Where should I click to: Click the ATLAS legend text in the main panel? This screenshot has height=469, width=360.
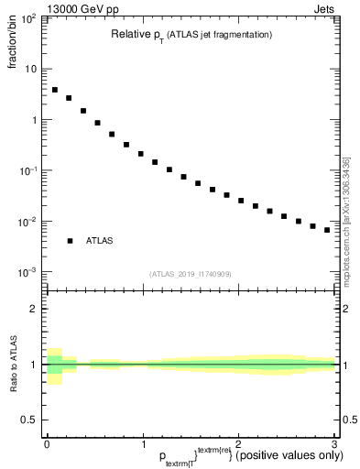click(x=100, y=241)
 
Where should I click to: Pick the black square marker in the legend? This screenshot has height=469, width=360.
click(x=70, y=241)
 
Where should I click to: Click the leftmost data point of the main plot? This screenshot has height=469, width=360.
click(x=55, y=90)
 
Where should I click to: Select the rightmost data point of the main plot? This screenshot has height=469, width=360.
click(x=327, y=230)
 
